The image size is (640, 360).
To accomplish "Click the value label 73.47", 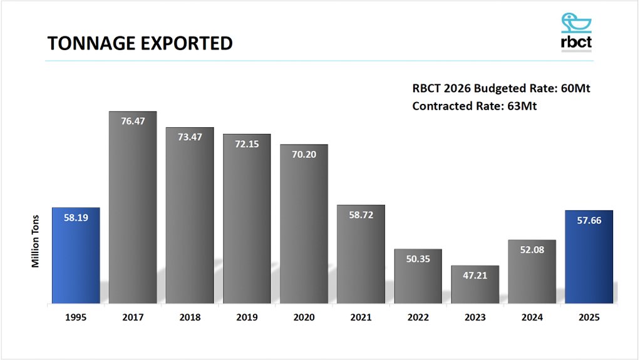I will click(x=190, y=136).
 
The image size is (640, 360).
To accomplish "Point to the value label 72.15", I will click(x=247, y=143).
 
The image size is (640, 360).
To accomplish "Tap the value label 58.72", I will click(x=361, y=214).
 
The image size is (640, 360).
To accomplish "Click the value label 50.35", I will click(x=418, y=259).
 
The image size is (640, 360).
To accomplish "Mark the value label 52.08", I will click(x=532, y=249).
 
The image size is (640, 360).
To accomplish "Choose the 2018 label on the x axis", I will click(x=190, y=317).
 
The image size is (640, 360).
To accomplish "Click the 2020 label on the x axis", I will click(x=304, y=317).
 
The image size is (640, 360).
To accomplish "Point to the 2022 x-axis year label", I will click(x=418, y=317).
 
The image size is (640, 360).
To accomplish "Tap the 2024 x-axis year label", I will click(x=532, y=317).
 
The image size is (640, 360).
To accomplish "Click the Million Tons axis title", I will click(x=36, y=242).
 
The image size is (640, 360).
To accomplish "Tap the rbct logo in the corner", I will click(x=576, y=31).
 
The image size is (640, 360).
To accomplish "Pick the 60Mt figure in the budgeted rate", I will click(x=575, y=88).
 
